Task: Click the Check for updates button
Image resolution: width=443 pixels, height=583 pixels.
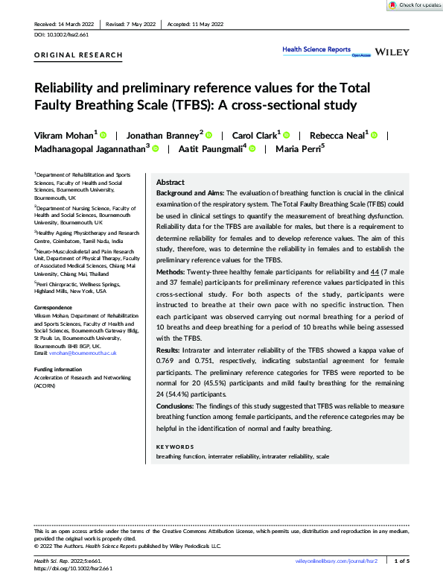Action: [x=414, y=5]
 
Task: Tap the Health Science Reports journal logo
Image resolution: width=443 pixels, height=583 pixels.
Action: [x=316, y=50]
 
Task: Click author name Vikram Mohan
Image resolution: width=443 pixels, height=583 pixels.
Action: [x=65, y=136]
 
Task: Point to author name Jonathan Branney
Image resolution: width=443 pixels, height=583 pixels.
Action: [x=163, y=136]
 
